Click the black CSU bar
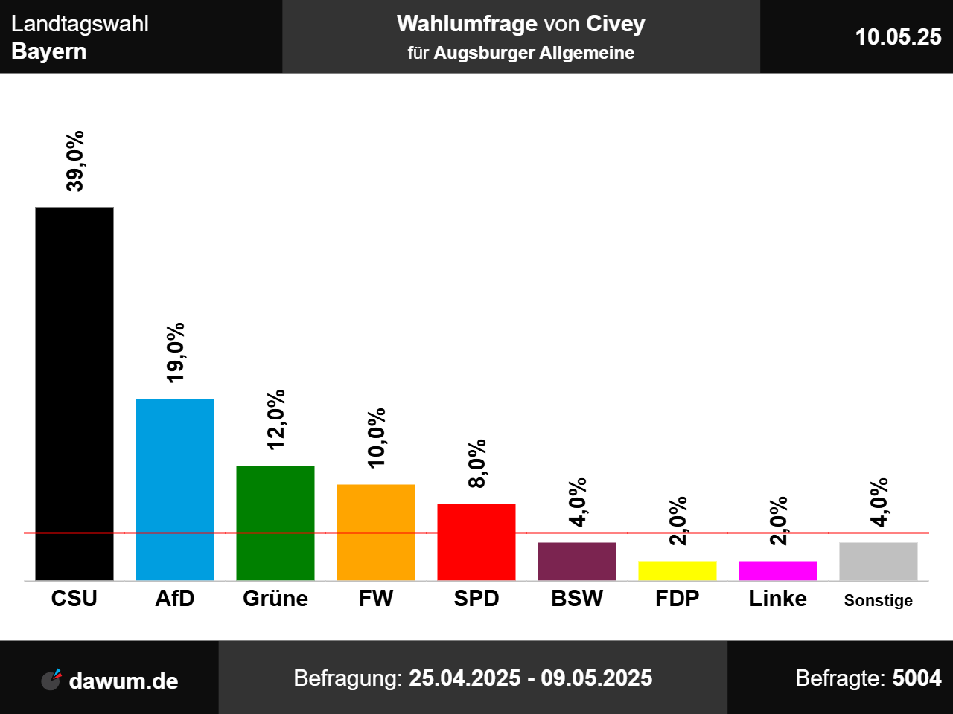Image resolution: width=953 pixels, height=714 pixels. pos(74,393)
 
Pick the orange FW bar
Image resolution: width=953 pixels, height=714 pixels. pos(376,533)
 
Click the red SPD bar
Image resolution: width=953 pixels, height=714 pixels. pos(476,542)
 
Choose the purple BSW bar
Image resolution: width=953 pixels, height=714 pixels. pos(577,562)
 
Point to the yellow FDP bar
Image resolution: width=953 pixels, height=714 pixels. pos(678,570)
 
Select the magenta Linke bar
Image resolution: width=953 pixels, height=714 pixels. pos(778,570)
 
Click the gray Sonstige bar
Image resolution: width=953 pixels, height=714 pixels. pos(879,562)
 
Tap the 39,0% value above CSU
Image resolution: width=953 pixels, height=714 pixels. pos(75,161)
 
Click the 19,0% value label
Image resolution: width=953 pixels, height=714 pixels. pos(176,353)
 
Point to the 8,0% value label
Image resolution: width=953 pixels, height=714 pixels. pos(477,463)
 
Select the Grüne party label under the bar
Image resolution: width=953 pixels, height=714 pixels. pos(275,599)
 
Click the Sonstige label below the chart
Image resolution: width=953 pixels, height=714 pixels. pos(879,600)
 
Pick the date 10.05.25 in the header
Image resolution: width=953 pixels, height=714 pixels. pos(898,36)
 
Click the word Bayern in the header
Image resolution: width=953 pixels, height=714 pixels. pos(49,51)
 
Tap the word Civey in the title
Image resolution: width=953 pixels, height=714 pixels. pos(615,24)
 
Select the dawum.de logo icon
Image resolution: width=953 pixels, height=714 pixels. pos(51,679)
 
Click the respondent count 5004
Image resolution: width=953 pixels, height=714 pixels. pos(917,678)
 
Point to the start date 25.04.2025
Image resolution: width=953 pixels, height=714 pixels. pos(465,678)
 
